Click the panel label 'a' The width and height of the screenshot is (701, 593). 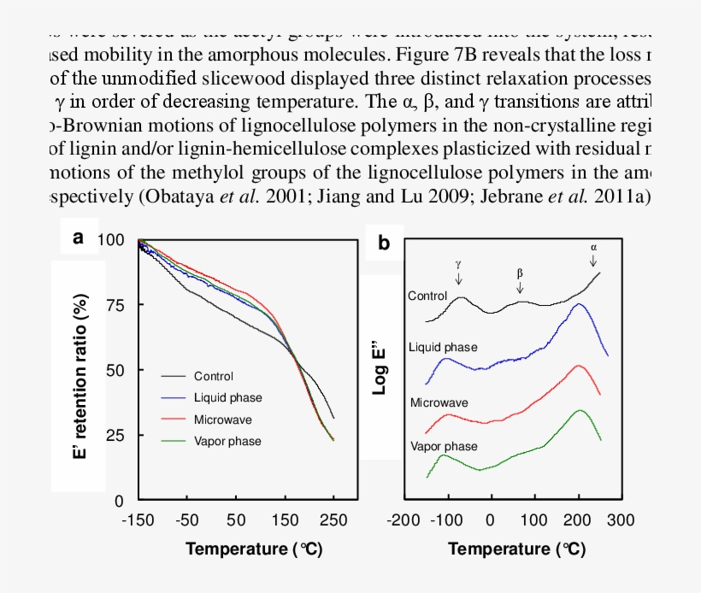[x=79, y=238]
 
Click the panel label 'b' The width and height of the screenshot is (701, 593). [x=385, y=244]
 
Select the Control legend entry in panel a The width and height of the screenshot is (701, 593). [x=213, y=376]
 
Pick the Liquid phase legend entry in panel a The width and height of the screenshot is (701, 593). [x=227, y=398]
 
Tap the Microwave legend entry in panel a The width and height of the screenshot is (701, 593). [x=223, y=420]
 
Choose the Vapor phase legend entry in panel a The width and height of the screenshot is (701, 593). [x=227, y=442]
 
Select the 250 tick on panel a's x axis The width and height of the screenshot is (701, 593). [x=333, y=520]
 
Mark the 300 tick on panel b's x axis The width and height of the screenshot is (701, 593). [x=621, y=520]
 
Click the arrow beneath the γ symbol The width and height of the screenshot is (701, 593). [x=459, y=279]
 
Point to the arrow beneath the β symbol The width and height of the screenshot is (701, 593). [x=520, y=286]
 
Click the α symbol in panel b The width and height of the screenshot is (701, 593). [x=594, y=247]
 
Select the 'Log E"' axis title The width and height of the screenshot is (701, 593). [x=381, y=368]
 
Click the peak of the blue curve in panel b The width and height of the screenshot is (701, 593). [x=579, y=304]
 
